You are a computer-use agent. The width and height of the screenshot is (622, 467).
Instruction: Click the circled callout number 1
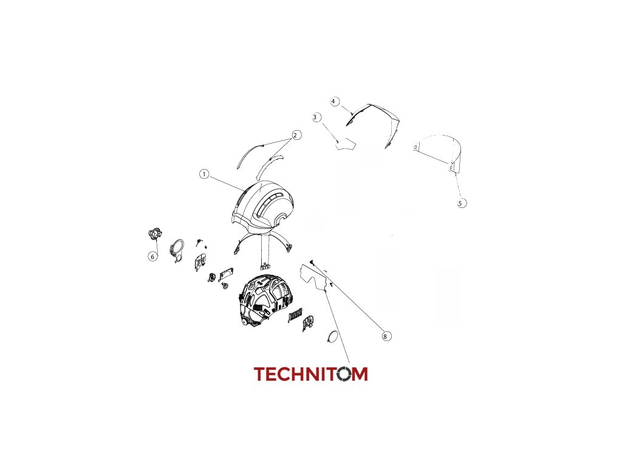tap(204, 174)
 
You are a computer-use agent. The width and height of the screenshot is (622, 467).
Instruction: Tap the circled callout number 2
tap(296, 135)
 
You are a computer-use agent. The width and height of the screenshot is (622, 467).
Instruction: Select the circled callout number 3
tap(316, 117)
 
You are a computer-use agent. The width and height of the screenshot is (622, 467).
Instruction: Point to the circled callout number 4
tap(335, 101)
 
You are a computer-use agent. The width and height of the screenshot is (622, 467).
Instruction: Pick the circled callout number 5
tap(462, 203)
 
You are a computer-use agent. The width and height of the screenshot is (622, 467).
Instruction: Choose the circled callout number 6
tap(152, 257)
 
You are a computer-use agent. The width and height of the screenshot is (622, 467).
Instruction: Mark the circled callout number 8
tap(386, 336)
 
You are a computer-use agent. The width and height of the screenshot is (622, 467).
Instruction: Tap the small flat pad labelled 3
tap(346, 143)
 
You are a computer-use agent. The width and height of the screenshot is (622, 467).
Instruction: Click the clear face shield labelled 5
tap(439, 151)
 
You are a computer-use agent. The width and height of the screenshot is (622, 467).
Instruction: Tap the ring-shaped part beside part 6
tap(177, 250)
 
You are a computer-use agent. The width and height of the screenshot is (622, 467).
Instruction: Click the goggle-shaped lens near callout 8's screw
tap(315, 277)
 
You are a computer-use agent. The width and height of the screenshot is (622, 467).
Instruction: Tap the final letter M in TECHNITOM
tap(360, 374)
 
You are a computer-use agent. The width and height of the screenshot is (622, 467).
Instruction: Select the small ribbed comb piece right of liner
tap(295, 314)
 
